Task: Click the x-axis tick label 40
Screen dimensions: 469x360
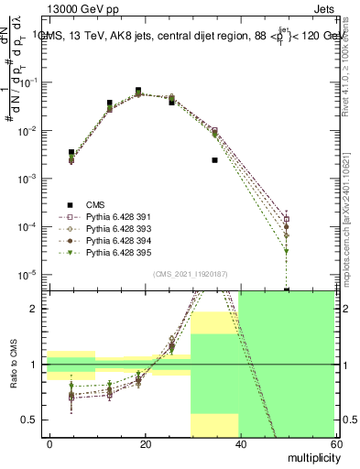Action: pos(240,443)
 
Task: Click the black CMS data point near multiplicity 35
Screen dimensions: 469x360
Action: pos(214,160)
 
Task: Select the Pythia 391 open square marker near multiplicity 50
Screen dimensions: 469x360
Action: pos(287,219)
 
